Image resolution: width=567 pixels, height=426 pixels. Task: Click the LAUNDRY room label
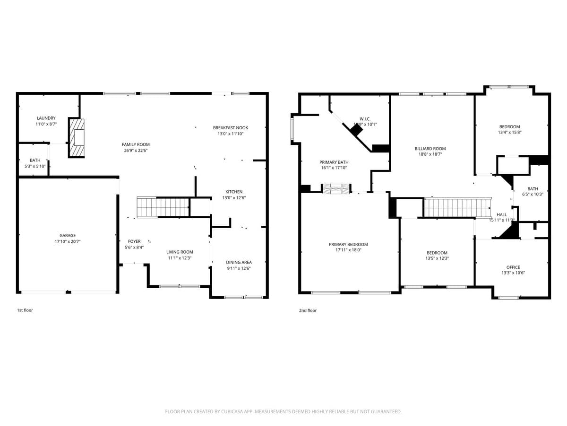coord(46,118)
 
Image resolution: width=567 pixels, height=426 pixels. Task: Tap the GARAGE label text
coord(68,235)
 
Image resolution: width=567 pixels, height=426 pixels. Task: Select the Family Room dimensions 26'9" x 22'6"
coord(136,151)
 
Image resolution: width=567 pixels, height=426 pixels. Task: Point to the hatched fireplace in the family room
coord(77,138)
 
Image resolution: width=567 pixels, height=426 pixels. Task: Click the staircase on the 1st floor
coord(163,207)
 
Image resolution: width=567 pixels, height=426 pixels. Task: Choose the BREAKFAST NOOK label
coord(230,128)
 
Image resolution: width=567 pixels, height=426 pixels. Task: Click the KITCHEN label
coord(234,192)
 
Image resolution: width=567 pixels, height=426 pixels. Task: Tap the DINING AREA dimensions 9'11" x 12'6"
coord(239,268)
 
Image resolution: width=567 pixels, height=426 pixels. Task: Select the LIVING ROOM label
coord(180,252)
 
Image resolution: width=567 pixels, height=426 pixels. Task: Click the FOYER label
coord(134,241)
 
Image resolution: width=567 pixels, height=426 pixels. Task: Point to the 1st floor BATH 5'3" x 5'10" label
coord(35,160)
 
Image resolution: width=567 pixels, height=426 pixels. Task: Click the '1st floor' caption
coord(25,311)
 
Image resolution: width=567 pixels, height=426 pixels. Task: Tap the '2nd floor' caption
coord(308,311)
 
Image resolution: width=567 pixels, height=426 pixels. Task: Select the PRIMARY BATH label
coord(334,162)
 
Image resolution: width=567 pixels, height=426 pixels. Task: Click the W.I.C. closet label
coord(365,119)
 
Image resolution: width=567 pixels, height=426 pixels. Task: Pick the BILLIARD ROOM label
coord(430,149)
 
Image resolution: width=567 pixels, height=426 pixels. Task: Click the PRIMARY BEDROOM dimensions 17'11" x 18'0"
coord(348,250)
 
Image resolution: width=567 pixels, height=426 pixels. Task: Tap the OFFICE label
coord(513,267)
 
